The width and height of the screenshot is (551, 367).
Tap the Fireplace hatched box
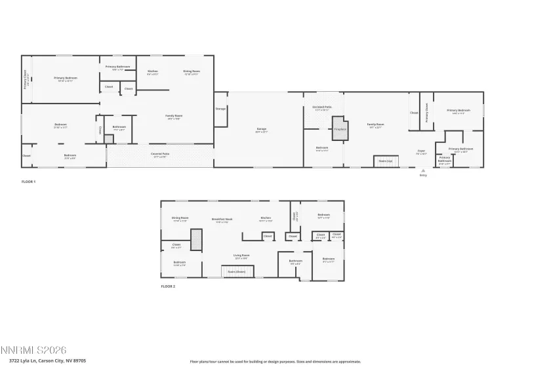(339, 128)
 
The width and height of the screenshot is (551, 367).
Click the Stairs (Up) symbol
(386, 161)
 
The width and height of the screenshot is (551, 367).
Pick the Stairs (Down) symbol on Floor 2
(236, 271)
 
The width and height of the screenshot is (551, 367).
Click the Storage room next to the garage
(220, 108)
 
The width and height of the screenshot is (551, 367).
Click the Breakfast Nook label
(221, 219)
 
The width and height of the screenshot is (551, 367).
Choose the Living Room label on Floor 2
(241, 256)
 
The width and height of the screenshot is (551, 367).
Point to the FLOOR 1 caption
(28, 182)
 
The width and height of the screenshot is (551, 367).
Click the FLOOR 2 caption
(168, 286)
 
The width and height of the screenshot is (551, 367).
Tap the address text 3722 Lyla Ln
(43, 360)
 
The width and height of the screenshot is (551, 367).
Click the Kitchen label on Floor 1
(152, 71)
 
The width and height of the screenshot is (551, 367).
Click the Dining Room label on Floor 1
(191, 71)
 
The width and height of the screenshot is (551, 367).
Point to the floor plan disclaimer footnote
(275, 361)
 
